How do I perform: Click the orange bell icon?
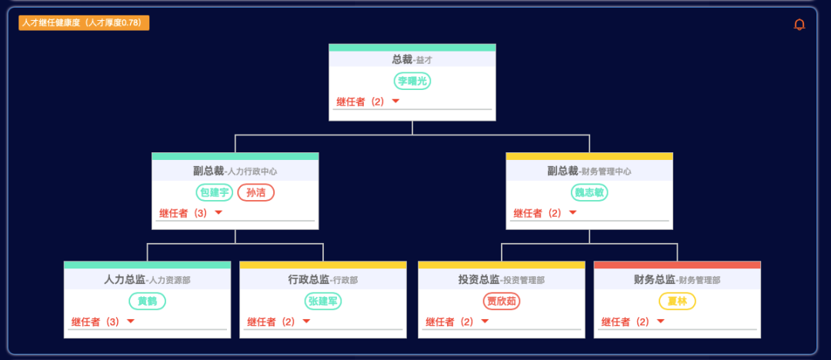point(799,25)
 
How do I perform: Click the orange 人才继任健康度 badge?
point(84,23)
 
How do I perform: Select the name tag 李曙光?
point(412,81)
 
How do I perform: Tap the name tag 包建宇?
point(215,192)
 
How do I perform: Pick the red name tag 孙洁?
point(256,192)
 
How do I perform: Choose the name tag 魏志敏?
point(589,192)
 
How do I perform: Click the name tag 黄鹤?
point(147,301)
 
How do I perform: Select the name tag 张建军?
point(322,301)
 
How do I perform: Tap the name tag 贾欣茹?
point(502,301)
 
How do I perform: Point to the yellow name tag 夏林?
point(677,301)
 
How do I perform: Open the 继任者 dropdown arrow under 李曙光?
point(395,101)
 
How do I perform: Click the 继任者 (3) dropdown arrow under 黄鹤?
point(131,322)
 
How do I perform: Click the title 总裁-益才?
point(412,59)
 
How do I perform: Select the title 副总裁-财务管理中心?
point(589,171)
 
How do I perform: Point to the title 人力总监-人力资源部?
point(147,279)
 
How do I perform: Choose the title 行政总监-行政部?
point(322,279)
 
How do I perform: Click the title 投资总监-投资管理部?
point(502,279)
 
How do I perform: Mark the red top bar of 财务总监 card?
point(677,265)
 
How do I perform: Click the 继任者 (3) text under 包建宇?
point(183,213)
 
